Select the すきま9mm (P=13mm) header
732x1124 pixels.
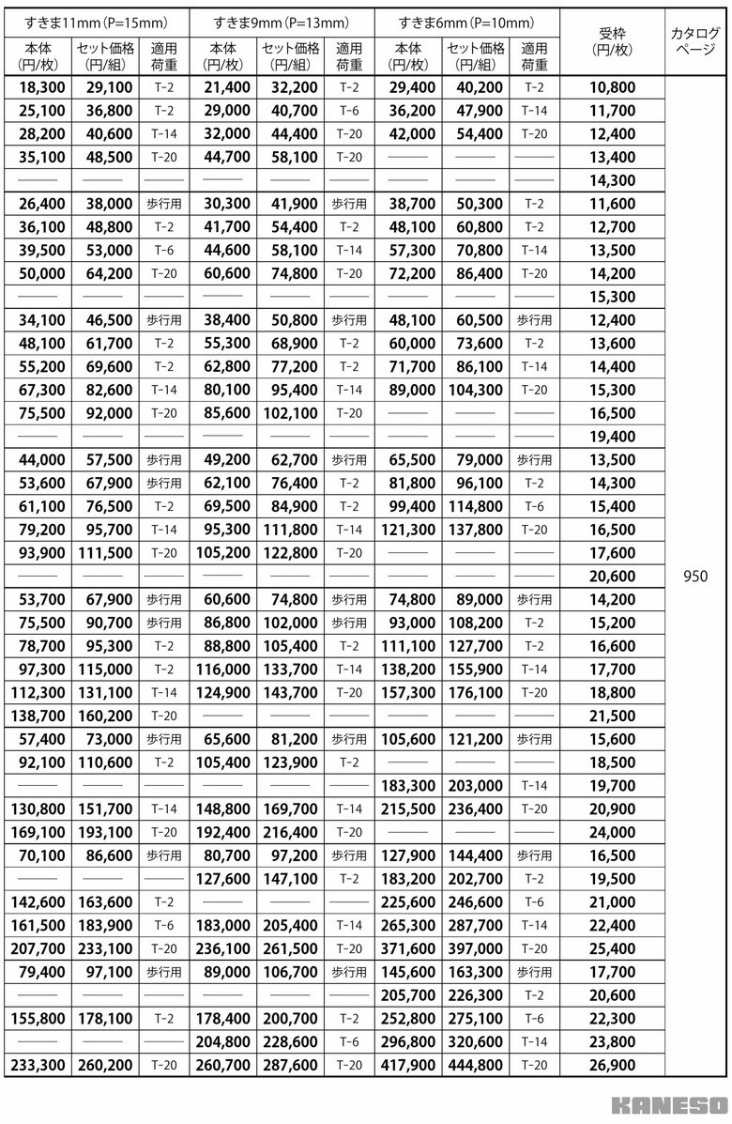[x=280, y=21]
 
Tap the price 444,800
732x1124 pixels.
[x=475, y=1065]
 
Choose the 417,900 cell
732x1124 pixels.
[x=409, y=1065]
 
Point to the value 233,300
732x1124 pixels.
[x=39, y=1065]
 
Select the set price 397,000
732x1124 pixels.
[x=475, y=948]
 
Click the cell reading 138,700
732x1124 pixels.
[x=39, y=716]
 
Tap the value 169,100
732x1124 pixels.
[x=39, y=832]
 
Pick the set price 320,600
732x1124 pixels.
[x=475, y=1041]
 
